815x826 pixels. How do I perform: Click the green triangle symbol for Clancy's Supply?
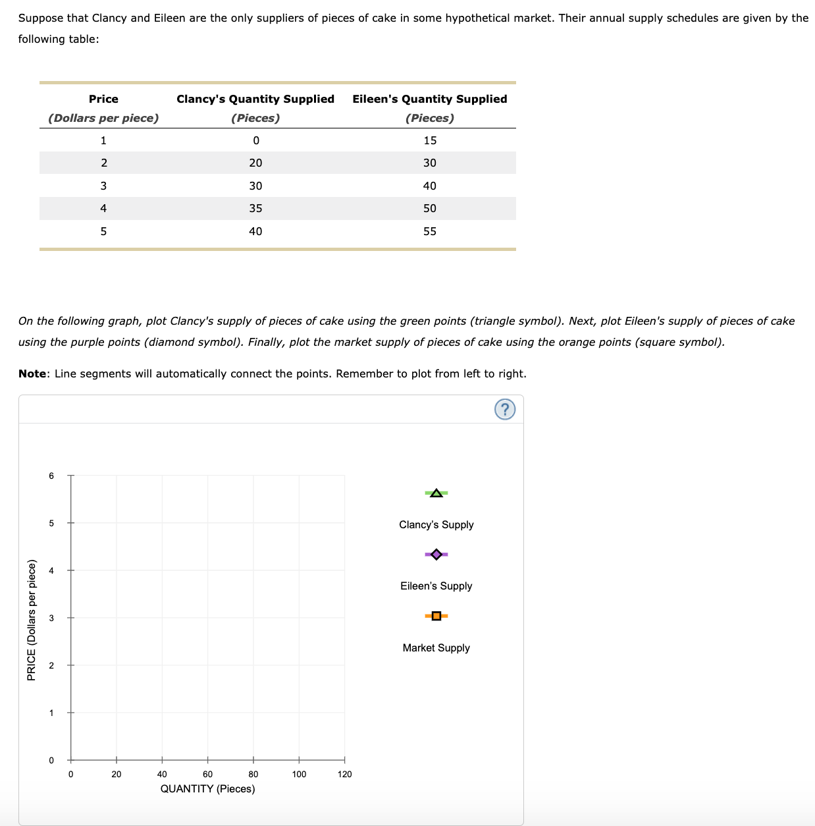pos(436,493)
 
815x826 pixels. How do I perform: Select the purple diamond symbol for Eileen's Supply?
pos(436,555)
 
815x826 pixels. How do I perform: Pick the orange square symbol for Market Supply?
pos(436,616)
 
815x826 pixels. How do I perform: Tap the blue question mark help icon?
pos(504,410)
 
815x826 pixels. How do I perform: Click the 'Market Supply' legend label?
pos(436,647)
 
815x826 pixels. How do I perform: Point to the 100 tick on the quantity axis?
pos(299,774)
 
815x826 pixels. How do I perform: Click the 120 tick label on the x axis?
pos(344,774)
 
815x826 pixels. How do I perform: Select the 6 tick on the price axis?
pos(51,476)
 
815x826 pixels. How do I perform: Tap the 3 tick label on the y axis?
pos(51,618)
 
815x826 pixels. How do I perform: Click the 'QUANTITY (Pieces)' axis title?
pos(207,788)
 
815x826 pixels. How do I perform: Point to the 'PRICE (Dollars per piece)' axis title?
pos(31,619)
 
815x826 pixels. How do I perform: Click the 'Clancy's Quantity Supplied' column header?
pos(255,99)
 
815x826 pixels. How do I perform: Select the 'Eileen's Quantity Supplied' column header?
pos(430,99)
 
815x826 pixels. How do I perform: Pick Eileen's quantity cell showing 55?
pos(430,231)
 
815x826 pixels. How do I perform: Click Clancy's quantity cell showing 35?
pos(255,208)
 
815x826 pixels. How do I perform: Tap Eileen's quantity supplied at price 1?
pos(430,140)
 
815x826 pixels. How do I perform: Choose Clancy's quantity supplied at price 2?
pos(255,163)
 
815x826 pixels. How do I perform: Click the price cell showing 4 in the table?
pos(103,208)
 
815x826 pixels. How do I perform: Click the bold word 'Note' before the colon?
pos(32,373)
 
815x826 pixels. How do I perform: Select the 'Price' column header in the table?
pos(103,99)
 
